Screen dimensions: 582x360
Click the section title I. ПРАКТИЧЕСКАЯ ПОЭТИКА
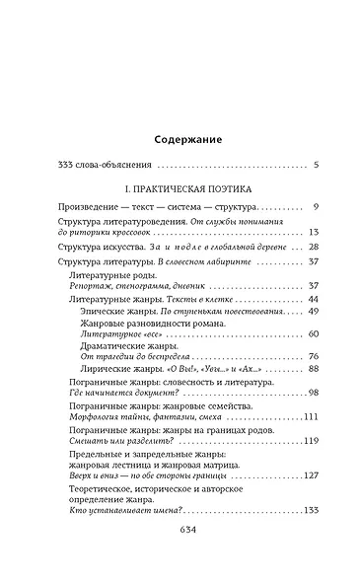click(180, 185)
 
